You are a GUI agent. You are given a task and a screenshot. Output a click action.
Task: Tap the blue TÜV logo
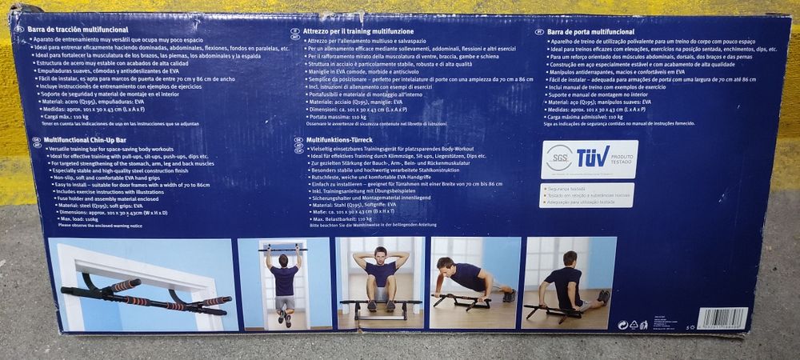pyautogui.click(x=592, y=158)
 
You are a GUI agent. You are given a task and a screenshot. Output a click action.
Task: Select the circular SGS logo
pyautogui.click(x=558, y=158)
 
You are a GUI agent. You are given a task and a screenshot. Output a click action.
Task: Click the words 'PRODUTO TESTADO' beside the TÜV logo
pyautogui.click(x=622, y=159)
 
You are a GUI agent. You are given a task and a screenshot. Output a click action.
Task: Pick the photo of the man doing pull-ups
pyautogui.click(x=283, y=283)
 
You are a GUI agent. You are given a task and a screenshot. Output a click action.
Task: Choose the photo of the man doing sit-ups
pyautogui.click(x=380, y=282)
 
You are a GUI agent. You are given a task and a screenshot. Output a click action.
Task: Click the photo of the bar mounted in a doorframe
pyautogui.click(x=142, y=284)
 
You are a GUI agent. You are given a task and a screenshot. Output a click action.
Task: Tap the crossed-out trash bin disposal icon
pyautogui.click(x=643, y=325)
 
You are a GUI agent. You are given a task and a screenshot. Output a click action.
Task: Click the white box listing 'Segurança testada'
pyautogui.click(x=590, y=194)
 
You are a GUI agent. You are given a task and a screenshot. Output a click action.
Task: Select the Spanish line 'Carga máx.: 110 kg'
pyautogui.click(x=68, y=116)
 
